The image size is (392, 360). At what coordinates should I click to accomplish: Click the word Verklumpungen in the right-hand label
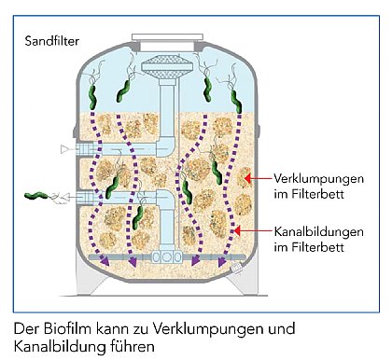tap(313, 176)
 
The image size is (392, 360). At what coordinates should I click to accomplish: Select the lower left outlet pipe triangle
tap(64, 196)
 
